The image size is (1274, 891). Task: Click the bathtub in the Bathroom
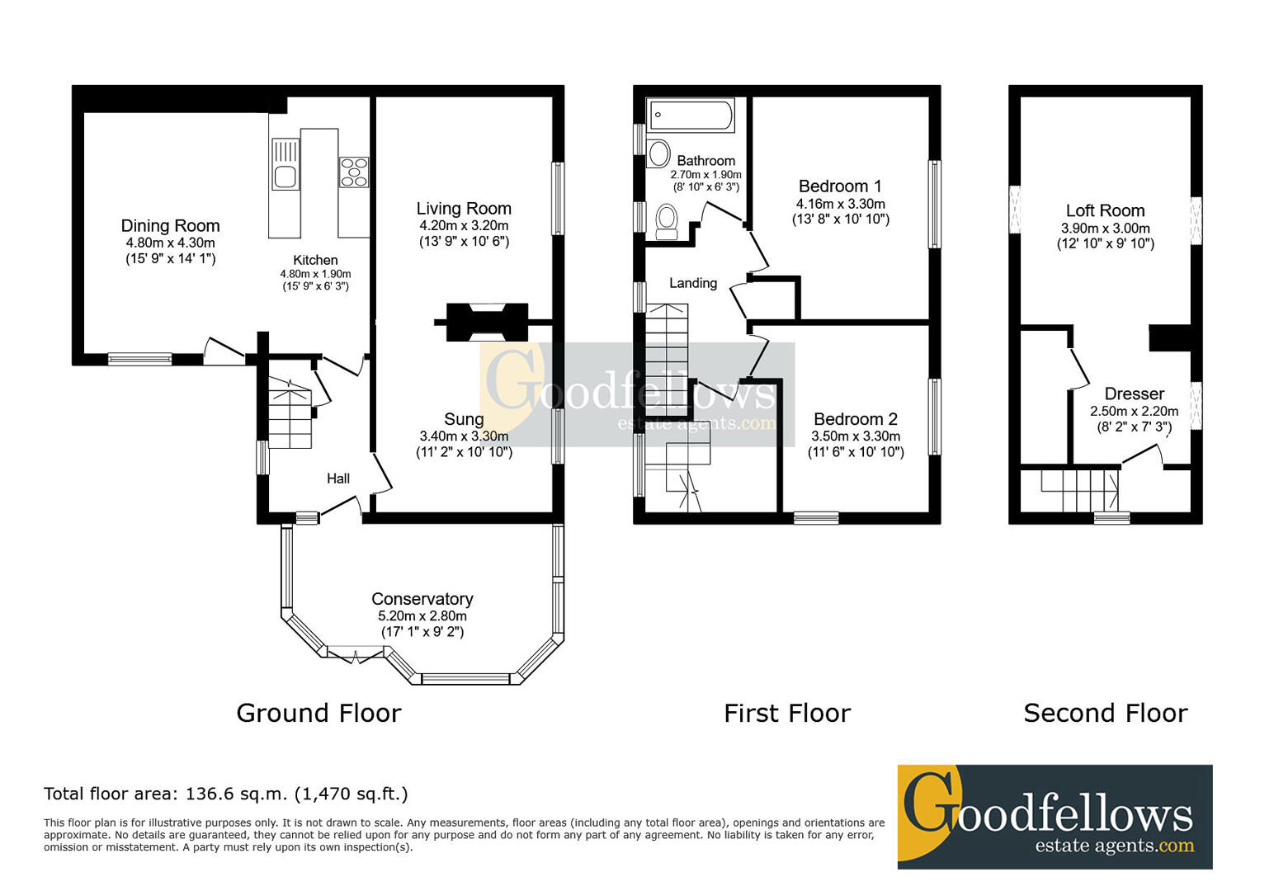pos(691,115)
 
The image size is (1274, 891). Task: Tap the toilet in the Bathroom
pos(667,222)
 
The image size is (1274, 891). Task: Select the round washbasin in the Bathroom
pos(659,153)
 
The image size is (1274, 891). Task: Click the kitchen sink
pos(285,163)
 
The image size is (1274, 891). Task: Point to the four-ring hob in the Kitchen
pos(354,172)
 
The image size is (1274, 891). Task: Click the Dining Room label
pos(170,226)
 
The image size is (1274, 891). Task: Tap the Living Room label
pos(464,209)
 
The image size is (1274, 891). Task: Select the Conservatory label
pos(422,599)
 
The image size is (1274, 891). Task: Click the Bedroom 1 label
pos(840,186)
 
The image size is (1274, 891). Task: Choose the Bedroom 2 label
pos(856,419)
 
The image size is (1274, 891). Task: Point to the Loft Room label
pos(1105,210)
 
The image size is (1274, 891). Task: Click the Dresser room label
pos(1134,394)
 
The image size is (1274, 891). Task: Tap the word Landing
pos(693,283)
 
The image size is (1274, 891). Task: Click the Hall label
pos(337,478)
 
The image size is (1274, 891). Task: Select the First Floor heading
pos(787,713)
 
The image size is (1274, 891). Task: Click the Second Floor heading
pos(1106,713)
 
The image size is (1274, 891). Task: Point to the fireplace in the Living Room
pos(487,323)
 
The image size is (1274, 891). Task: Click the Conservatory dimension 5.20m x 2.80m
pos(422,615)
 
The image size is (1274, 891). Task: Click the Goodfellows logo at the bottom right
pos(1055,817)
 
